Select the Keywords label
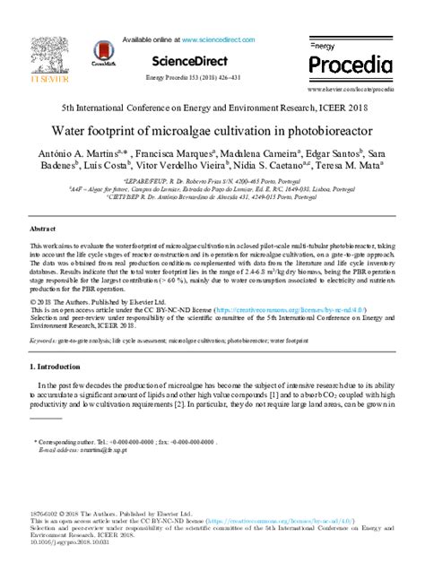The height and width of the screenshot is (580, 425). (44, 342)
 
